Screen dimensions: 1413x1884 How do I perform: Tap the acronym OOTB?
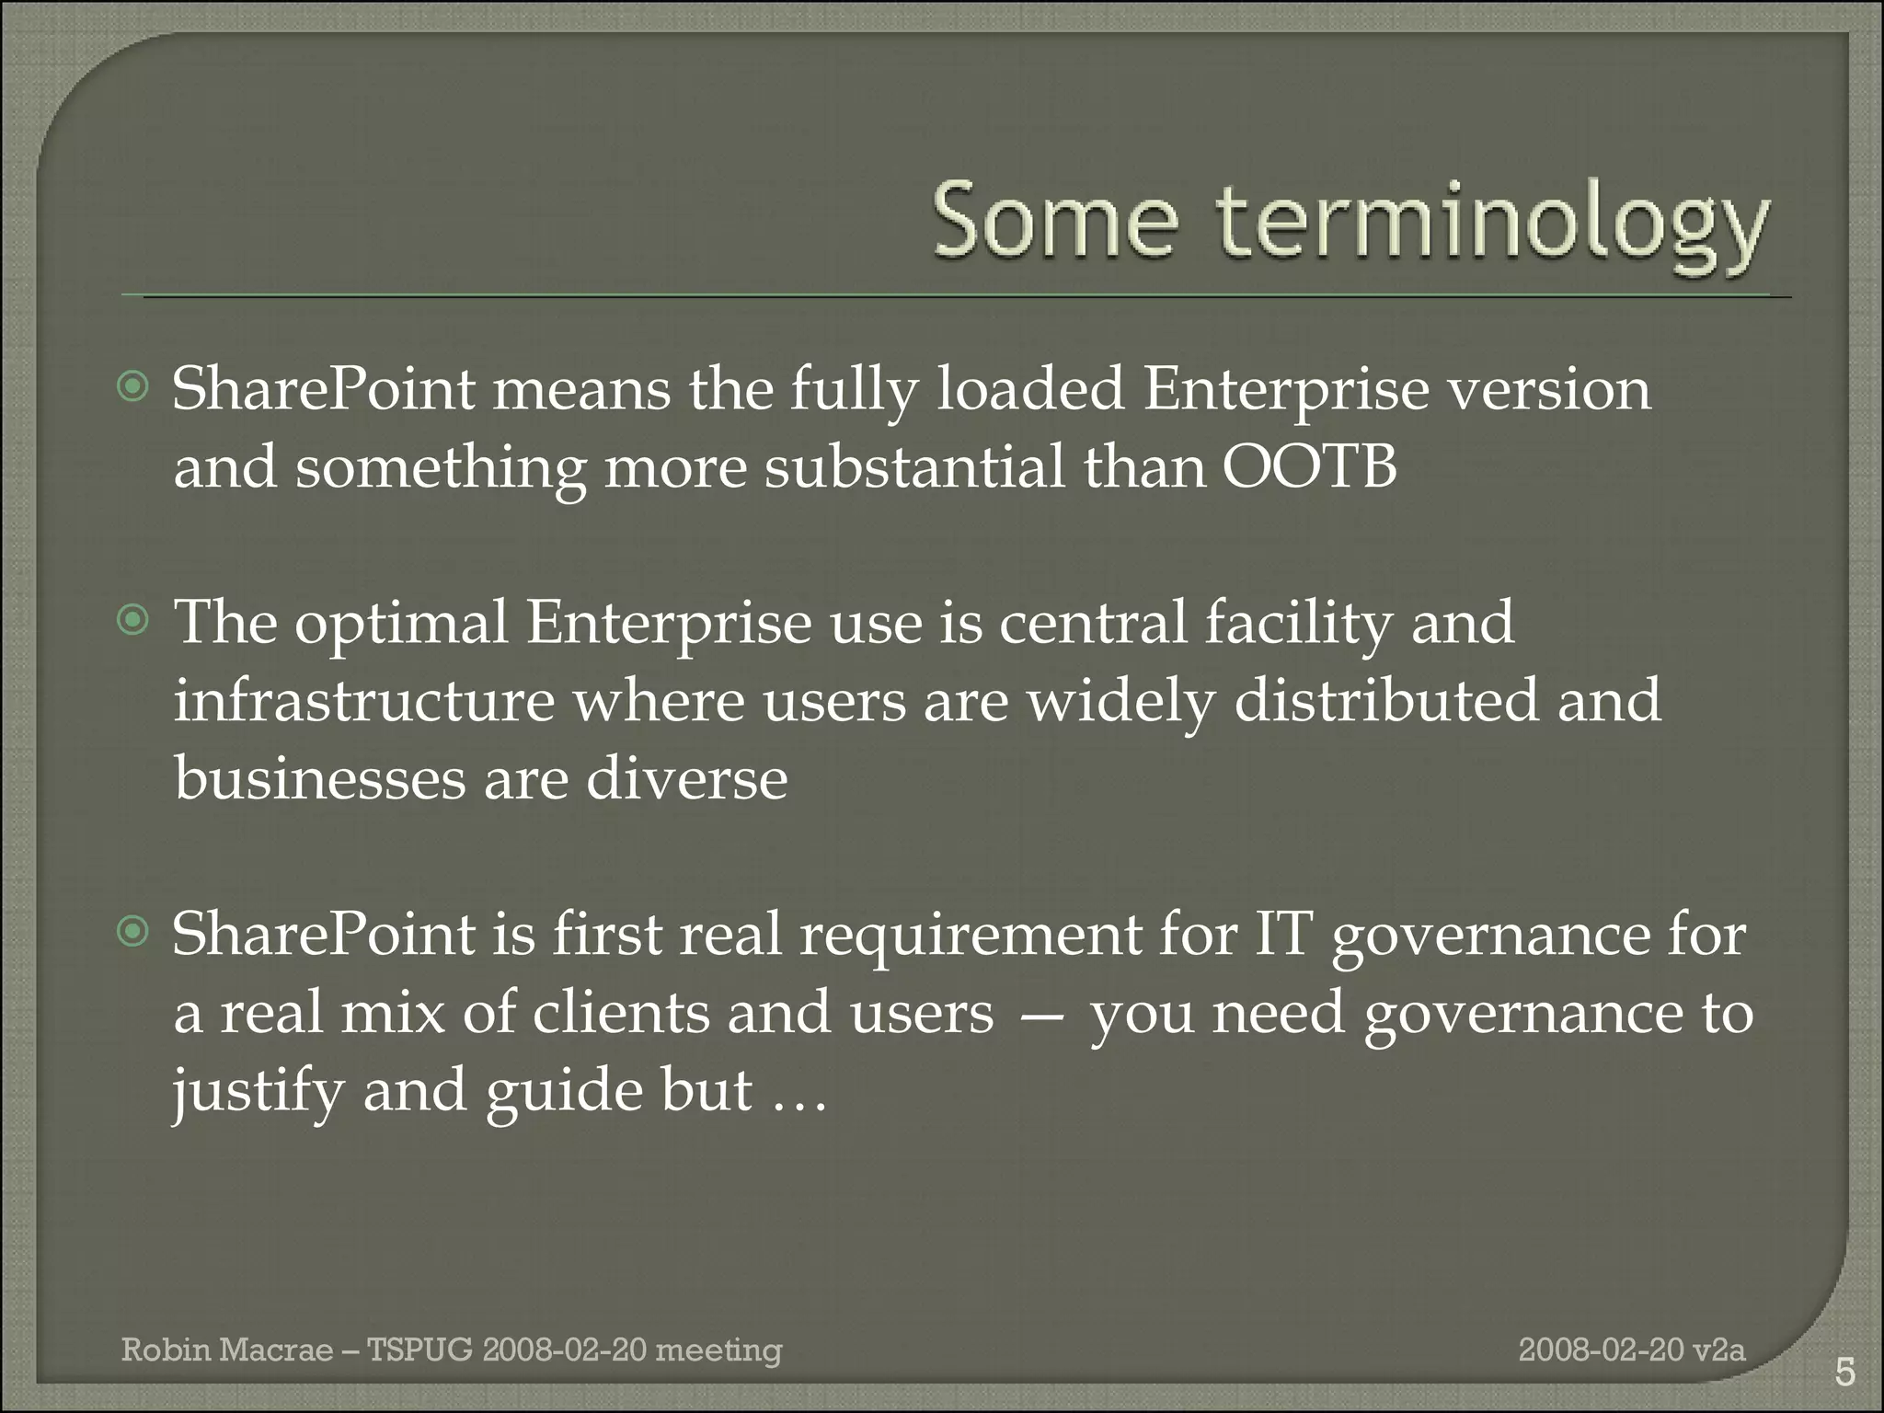pyautogui.click(x=1309, y=466)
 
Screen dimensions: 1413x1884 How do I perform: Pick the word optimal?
pyautogui.click(x=401, y=623)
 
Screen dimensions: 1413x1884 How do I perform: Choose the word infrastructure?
pyautogui.click(x=364, y=701)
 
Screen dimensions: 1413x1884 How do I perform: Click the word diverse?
pyautogui.click(x=686, y=779)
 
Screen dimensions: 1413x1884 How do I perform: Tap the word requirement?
pyautogui.click(x=968, y=935)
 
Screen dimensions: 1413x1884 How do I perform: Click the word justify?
pyautogui.click(x=257, y=1092)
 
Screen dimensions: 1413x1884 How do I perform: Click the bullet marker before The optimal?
pyautogui.click(x=134, y=623)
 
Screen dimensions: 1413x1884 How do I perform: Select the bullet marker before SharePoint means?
pyautogui.click(x=134, y=388)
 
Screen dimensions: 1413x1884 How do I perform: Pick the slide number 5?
pyautogui.click(x=1844, y=1373)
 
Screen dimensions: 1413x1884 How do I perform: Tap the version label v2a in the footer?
pyautogui.click(x=1721, y=1350)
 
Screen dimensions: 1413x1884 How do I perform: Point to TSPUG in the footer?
pyautogui.click(x=419, y=1350)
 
